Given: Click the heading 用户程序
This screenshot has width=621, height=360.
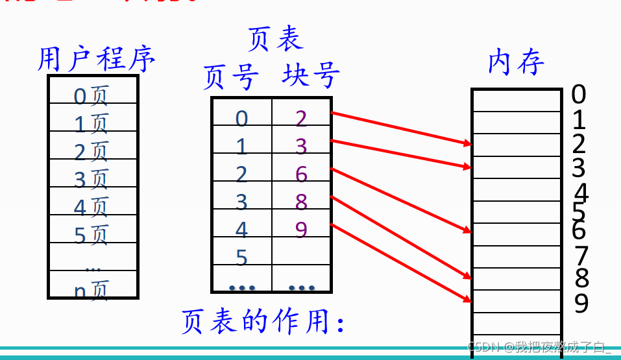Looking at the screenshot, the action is pyautogui.click(x=96, y=60).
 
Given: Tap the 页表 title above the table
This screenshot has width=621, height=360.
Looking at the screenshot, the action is pyautogui.click(x=275, y=39).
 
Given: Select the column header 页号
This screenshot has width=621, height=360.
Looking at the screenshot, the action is pyautogui.click(x=231, y=77).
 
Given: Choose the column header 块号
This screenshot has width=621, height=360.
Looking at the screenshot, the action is pyautogui.click(x=310, y=76).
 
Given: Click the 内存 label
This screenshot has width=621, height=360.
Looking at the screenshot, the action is pyautogui.click(x=516, y=62).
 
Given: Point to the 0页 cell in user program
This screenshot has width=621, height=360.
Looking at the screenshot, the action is pyautogui.click(x=91, y=96).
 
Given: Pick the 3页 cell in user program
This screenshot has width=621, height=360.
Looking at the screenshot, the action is pyautogui.click(x=91, y=178).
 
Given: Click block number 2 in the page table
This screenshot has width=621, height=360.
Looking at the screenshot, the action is pyautogui.click(x=300, y=119).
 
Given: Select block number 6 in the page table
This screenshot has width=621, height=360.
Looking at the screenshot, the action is pyautogui.click(x=300, y=174).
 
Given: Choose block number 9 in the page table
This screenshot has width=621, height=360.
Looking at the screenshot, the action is pyautogui.click(x=300, y=230).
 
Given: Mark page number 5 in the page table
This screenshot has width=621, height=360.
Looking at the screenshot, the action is pyautogui.click(x=241, y=259).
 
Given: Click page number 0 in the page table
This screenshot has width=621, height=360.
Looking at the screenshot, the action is pyautogui.click(x=241, y=119).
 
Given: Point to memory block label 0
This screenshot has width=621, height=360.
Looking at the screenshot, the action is pyautogui.click(x=578, y=95).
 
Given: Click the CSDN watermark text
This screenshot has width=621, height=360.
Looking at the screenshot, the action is pyautogui.click(x=539, y=347).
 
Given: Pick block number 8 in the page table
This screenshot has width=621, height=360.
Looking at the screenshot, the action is pyautogui.click(x=300, y=202).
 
